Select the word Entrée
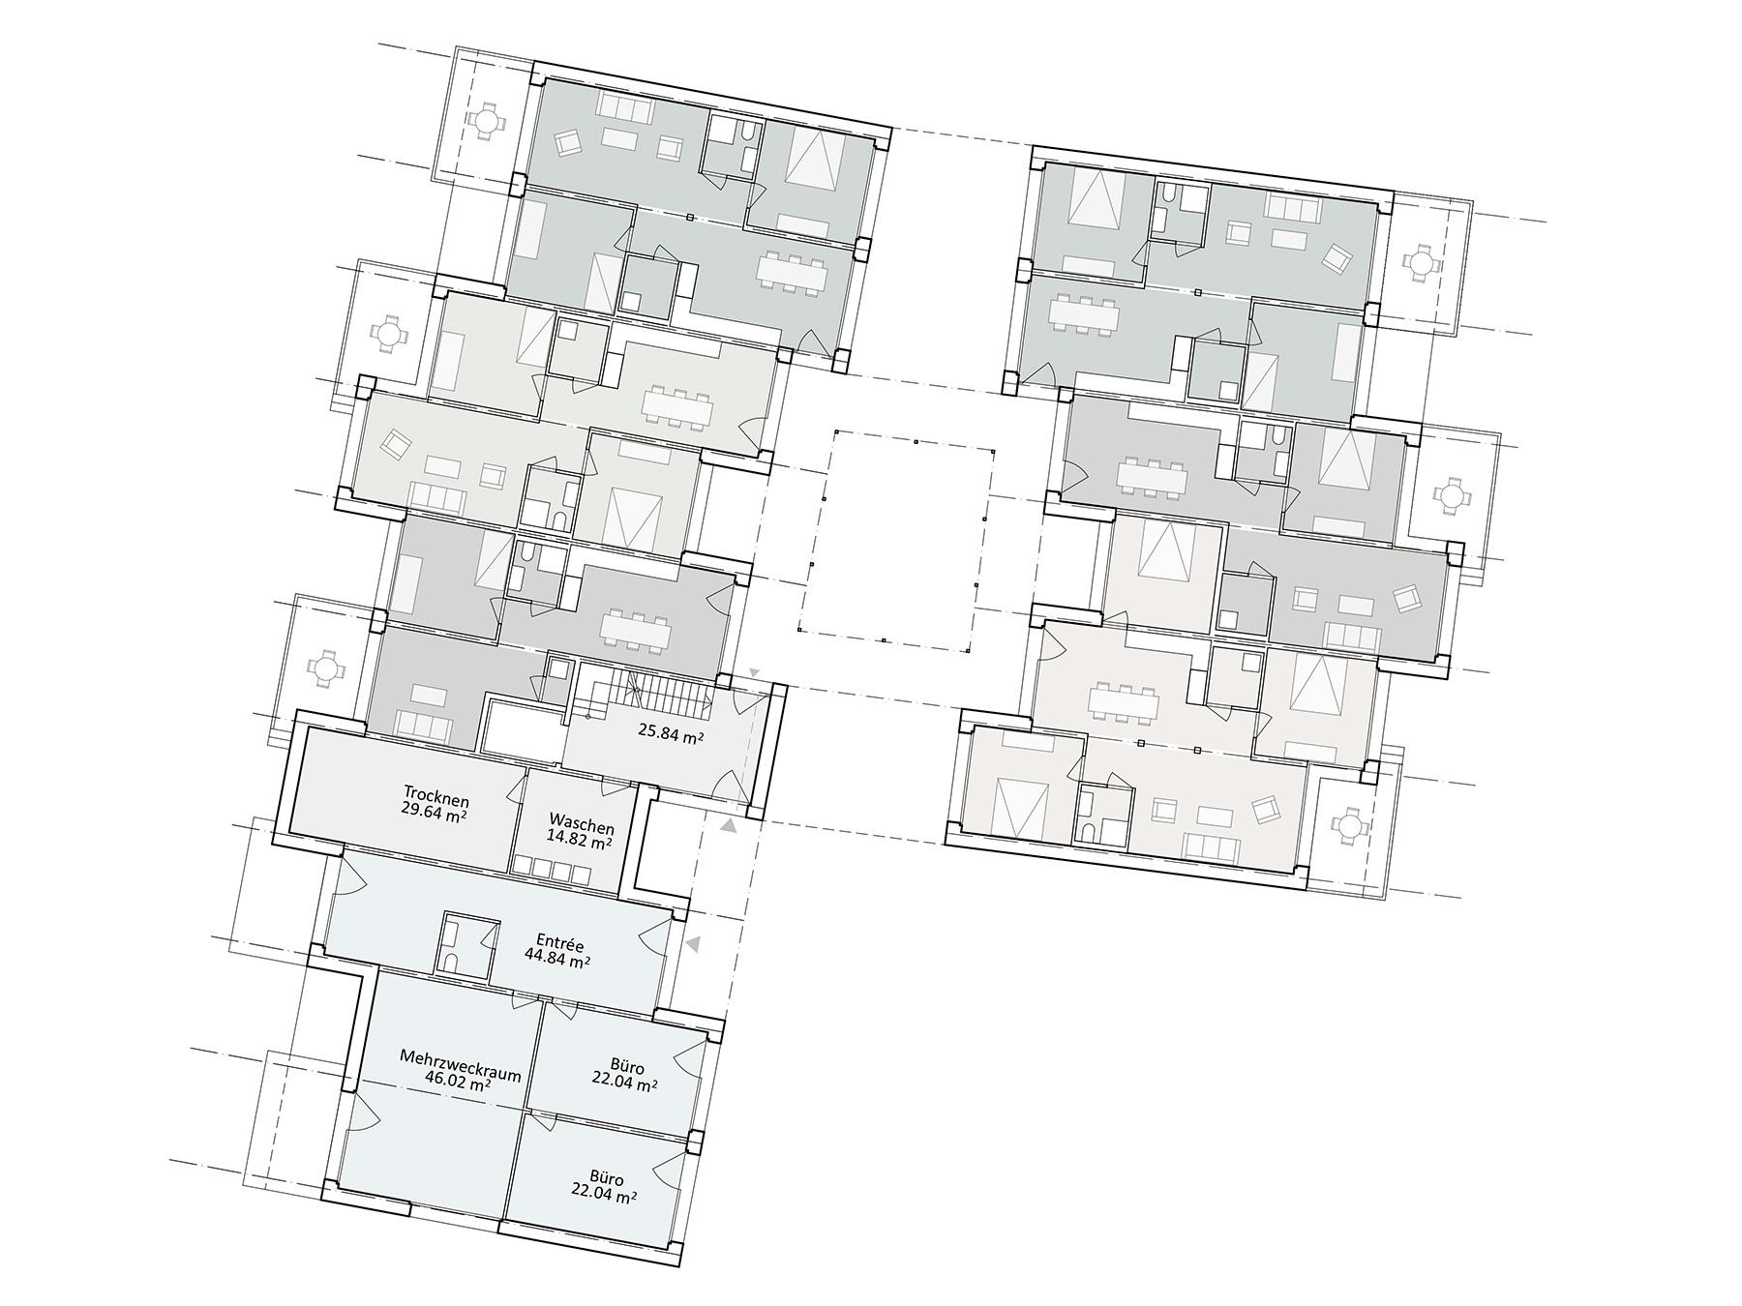click(560, 943)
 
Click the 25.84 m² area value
click(670, 738)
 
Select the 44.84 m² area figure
click(557, 960)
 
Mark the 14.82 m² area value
click(579, 841)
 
